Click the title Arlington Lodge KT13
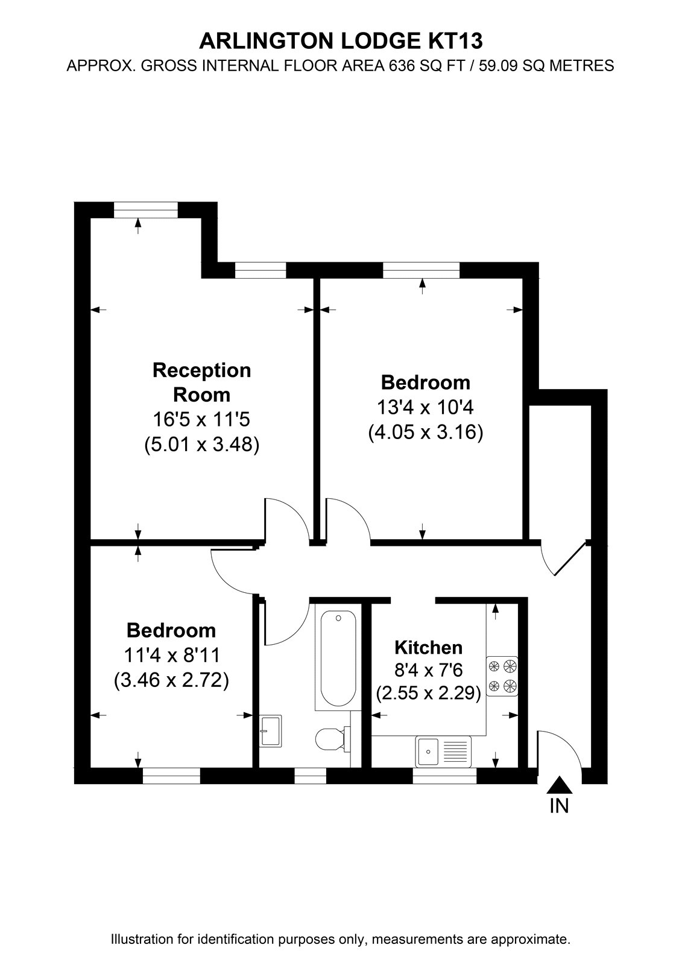point(341,42)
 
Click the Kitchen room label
point(428,648)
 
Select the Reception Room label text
point(201,382)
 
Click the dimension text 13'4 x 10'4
point(425,407)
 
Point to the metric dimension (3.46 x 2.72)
point(171,680)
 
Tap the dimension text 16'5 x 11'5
point(201,419)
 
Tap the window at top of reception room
point(145,210)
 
